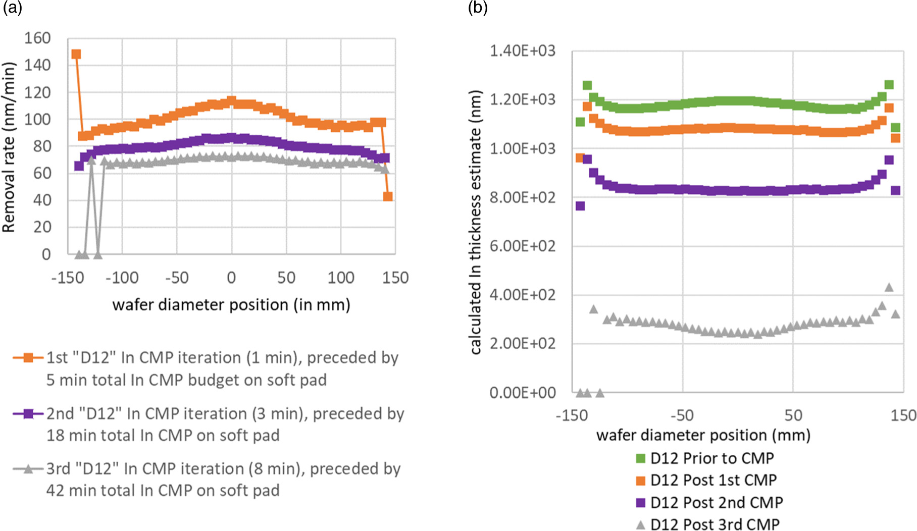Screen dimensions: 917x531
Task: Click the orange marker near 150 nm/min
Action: click(76, 54)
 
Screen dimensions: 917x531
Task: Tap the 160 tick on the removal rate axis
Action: click(37, 38)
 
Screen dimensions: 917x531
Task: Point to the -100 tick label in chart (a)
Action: click(122, 277)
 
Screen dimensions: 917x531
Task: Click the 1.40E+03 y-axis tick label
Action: click(522, 50)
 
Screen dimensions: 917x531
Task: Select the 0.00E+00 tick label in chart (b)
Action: click(522, 392)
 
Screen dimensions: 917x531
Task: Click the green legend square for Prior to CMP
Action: click(640, 458)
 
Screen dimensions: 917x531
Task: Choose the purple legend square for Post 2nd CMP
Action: click(640, 503)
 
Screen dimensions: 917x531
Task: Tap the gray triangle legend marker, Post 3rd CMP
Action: click(640, 525)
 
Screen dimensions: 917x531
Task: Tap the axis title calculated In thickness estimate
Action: click(475, 222)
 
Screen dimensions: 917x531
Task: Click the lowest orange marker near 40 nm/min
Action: click(388, 196)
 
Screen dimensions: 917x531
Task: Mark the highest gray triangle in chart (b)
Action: click(889, 287)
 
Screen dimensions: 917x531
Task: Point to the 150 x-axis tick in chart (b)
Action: click(903, 415)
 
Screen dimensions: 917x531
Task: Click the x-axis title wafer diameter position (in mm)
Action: click(231, 305)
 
